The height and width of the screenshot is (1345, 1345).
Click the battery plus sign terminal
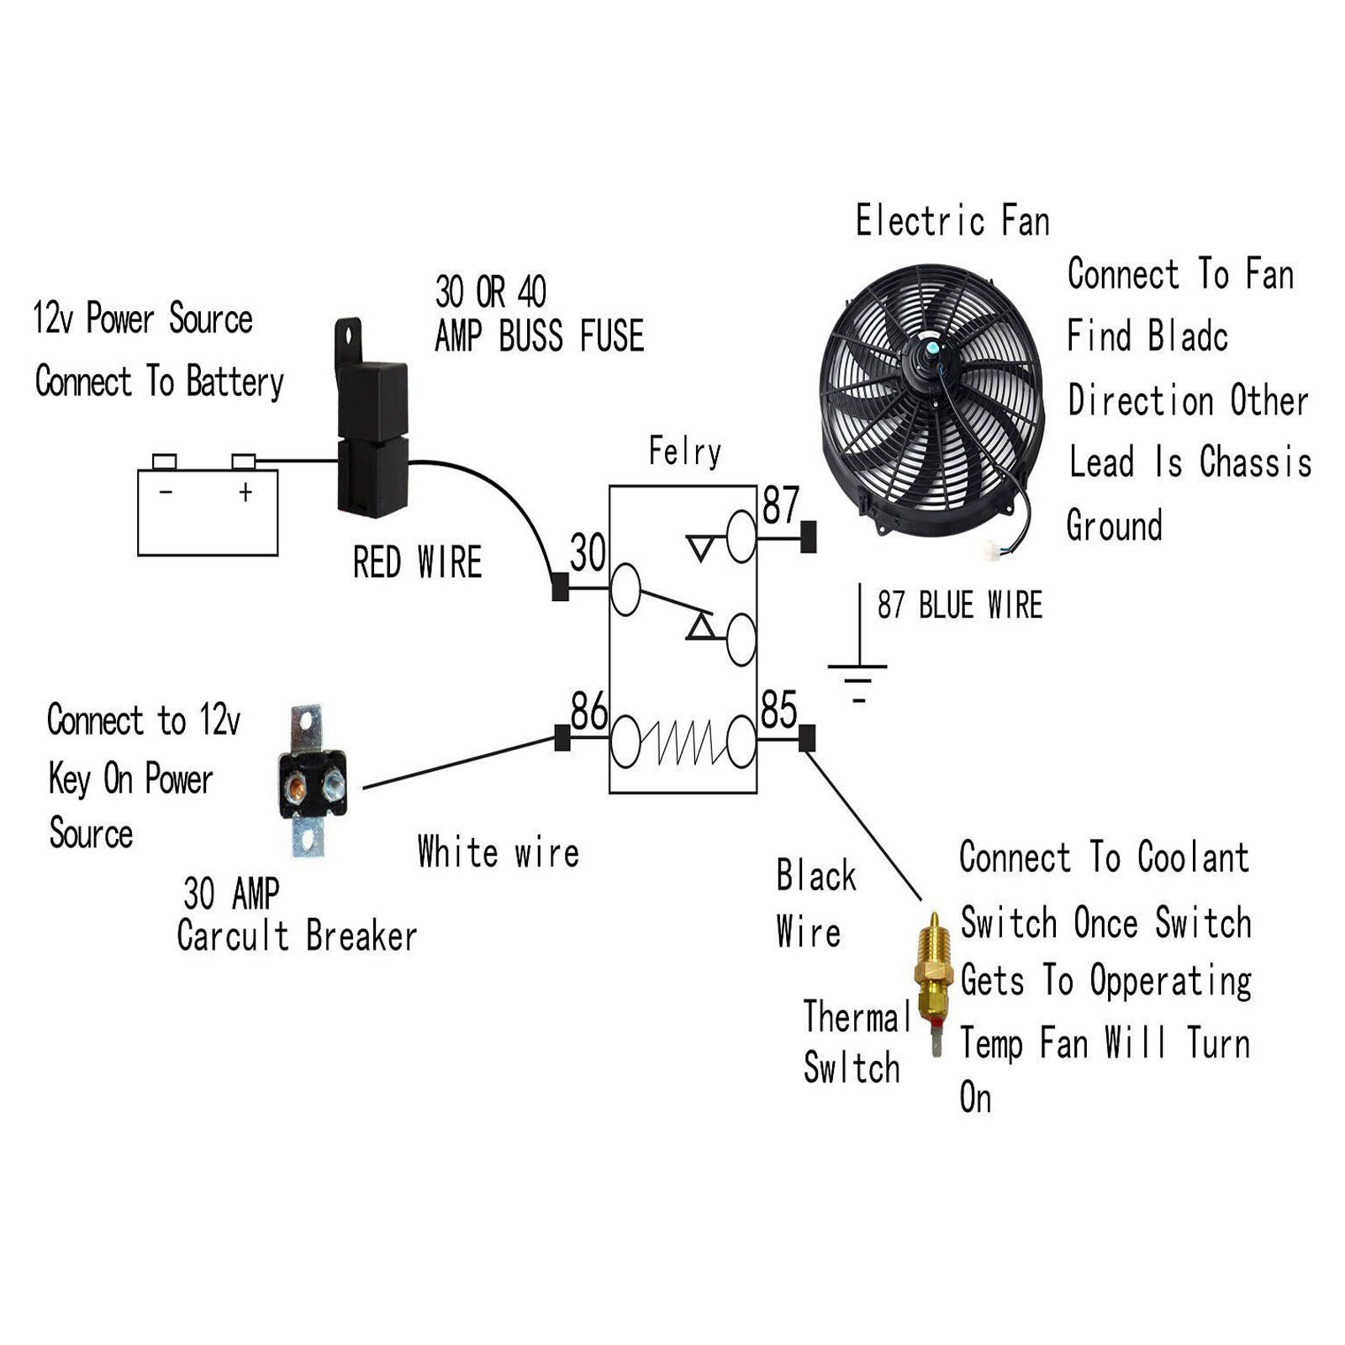pos(245,492)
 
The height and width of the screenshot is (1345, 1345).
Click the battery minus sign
pos(166,492)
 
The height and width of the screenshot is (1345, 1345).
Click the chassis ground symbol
pos(857,672)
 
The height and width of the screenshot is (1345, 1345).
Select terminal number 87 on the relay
pos(780,505)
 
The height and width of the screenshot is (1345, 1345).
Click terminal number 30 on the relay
pos(588,553)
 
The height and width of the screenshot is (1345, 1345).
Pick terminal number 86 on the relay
pos(588,711)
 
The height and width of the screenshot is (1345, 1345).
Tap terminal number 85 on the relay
pos(778,709)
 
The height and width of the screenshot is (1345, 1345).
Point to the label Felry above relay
pos(684,452)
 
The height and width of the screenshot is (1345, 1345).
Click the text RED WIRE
pos(417,562)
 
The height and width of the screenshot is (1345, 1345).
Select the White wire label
pos(498,852)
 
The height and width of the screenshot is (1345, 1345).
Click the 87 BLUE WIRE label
pos(959,605)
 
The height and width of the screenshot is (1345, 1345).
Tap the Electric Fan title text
pos(952,222)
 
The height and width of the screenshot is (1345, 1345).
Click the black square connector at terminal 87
pos(808,537)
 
